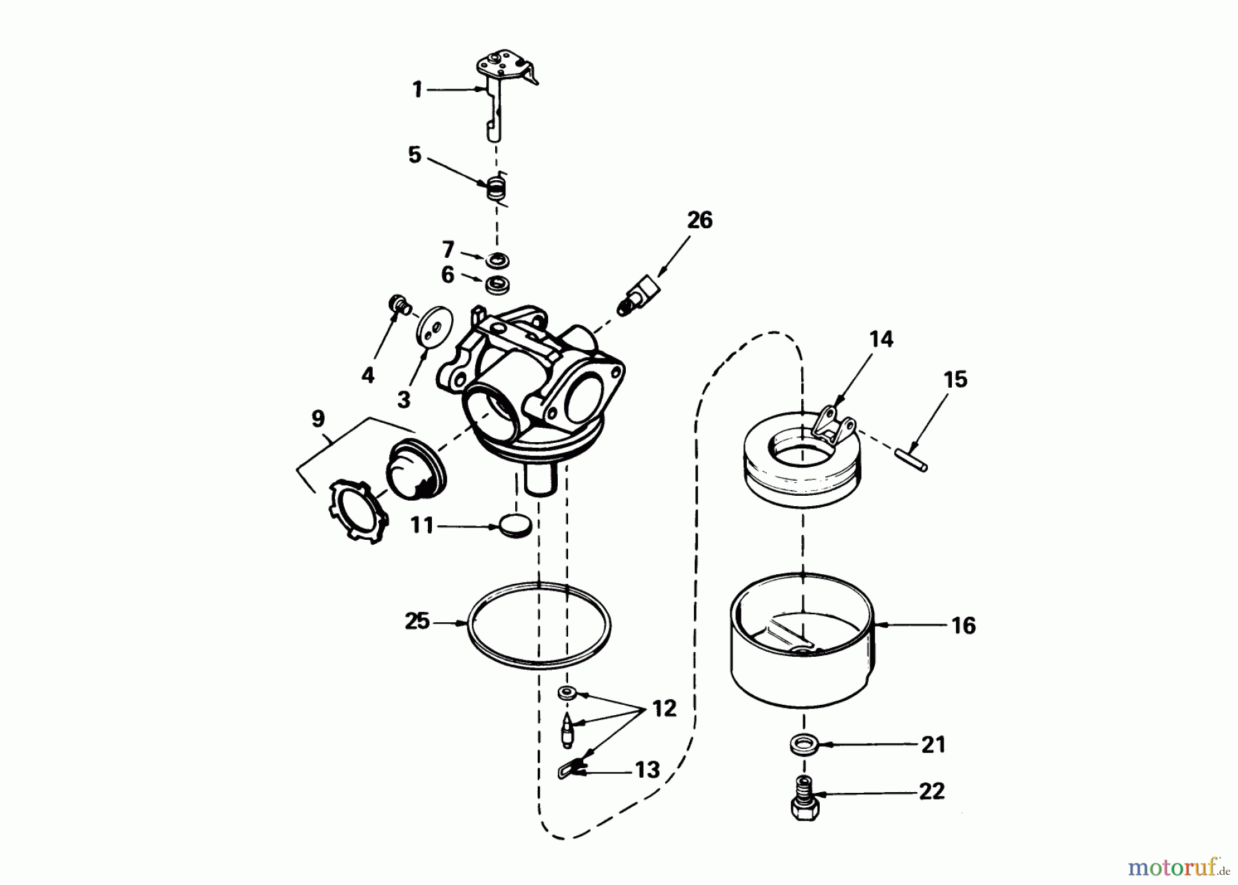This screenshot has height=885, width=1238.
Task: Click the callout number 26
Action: pyautogui.click(x=699, y=220)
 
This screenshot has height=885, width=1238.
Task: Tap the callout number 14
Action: pyautogui.click(x=881, y=339)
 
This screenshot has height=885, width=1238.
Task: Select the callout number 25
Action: pyautogui.click(x=417, y=621)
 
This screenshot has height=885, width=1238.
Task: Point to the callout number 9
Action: pyautogui.click(x=318, y=419)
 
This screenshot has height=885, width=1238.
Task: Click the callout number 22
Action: pyautogui.click(x=931, y=791)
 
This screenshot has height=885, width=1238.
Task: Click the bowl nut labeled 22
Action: pyautogui.click(x=804, y=798)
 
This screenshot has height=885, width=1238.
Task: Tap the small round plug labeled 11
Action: pyautogui.click(x=514, y=525)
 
